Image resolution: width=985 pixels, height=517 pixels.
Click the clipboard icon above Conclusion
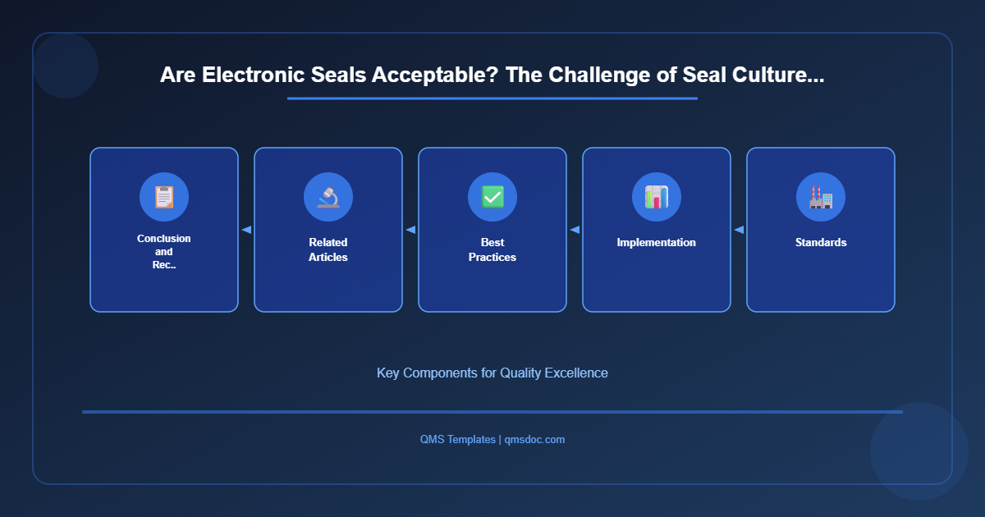[164, 197]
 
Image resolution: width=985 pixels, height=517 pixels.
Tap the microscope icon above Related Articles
[328, 197]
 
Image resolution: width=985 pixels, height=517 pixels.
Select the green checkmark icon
[492, 197]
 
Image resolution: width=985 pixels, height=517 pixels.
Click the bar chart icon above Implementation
[657, 197]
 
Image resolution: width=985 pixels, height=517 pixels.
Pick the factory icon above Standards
[821, 197]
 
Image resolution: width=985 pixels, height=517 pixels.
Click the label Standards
[821, 243]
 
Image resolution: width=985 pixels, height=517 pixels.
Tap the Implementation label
[657, 243]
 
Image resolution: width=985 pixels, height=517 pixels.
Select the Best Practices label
[492, 249]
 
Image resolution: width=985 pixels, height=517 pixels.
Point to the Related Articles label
[328, 249]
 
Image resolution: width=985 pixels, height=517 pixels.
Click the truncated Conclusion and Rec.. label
[164, 251]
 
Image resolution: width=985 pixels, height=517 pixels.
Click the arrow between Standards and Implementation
[739, 230]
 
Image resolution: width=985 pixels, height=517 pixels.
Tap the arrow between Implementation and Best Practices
[575, 230]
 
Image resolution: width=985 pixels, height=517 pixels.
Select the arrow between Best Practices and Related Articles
[410, 230]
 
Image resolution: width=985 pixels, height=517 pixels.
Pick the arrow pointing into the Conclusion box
[246, 230]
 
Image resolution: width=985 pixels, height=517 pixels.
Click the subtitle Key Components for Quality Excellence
[492, 373]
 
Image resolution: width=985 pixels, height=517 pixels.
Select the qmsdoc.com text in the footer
[534, 440]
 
